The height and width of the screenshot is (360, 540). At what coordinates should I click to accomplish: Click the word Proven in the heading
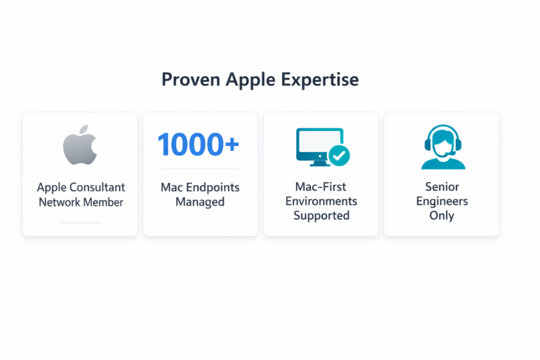[191, 80]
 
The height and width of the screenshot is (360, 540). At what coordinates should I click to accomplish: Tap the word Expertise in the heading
[320, 80]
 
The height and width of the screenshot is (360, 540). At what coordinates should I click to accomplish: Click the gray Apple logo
[80, 145]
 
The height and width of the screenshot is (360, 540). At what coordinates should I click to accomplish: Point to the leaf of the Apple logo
[84, 130]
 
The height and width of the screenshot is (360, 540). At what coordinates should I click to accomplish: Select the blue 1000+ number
[198, 144]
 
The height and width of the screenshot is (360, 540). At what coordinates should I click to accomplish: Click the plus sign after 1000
[232, 144]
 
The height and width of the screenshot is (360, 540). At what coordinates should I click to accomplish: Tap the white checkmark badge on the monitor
[339, 155]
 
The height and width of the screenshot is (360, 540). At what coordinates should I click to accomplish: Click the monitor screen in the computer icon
[319, 142]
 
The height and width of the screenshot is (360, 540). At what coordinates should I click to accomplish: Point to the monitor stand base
[320, 164]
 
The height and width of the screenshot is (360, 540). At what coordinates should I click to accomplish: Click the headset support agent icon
[443, 147]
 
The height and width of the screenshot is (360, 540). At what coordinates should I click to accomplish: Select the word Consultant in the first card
[98, 188]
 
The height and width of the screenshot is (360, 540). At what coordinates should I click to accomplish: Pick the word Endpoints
[213, 188]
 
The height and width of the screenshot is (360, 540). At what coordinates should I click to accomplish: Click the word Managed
[200, 202]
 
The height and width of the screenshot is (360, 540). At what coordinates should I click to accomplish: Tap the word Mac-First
[321, 187]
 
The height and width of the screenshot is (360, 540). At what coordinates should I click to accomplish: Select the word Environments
[321, 201]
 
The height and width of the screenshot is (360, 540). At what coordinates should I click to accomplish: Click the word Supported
[321, 216]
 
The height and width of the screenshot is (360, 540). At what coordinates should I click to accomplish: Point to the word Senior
[442, 187]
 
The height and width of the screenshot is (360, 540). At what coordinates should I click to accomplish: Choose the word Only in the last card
[442, 216]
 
